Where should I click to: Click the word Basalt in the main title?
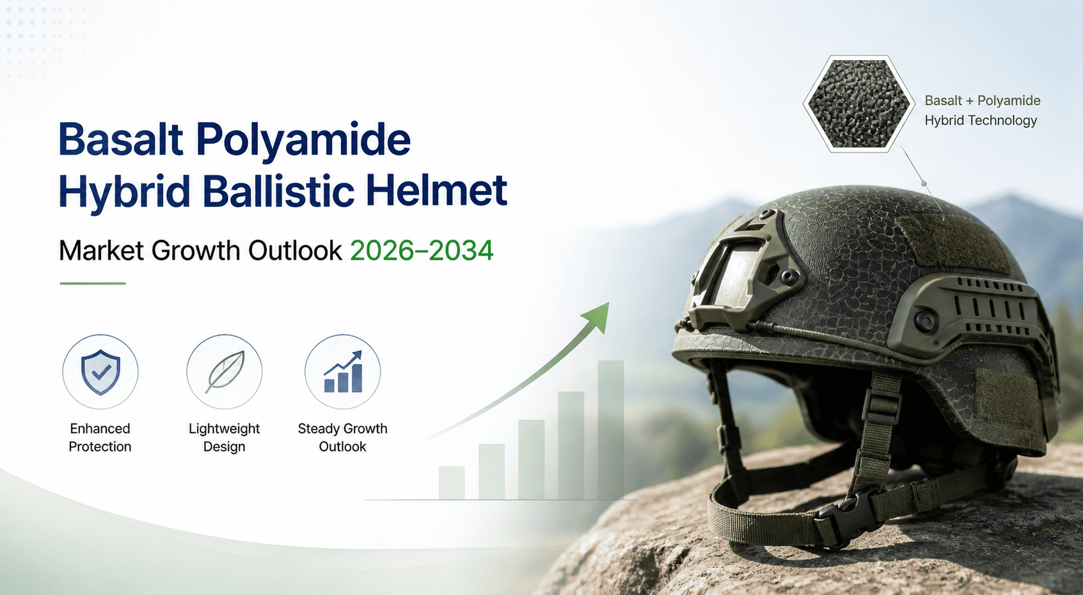point(121,139)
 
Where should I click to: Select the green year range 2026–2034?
point(422,250)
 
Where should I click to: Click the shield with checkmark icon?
point(100,372)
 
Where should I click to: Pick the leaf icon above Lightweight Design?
point(225,372)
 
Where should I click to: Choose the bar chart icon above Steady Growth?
point(343,371)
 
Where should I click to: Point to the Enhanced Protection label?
point(100,437)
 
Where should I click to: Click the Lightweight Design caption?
point(225,437)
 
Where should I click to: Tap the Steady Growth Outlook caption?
point(343,437)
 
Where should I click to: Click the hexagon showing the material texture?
point(858,104)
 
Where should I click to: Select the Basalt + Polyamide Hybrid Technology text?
point(983,110)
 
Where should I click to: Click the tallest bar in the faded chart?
point(611,430)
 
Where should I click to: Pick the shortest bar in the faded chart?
point(452,483)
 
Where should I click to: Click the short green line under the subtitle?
point(93,283)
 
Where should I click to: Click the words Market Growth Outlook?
point(200,250)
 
